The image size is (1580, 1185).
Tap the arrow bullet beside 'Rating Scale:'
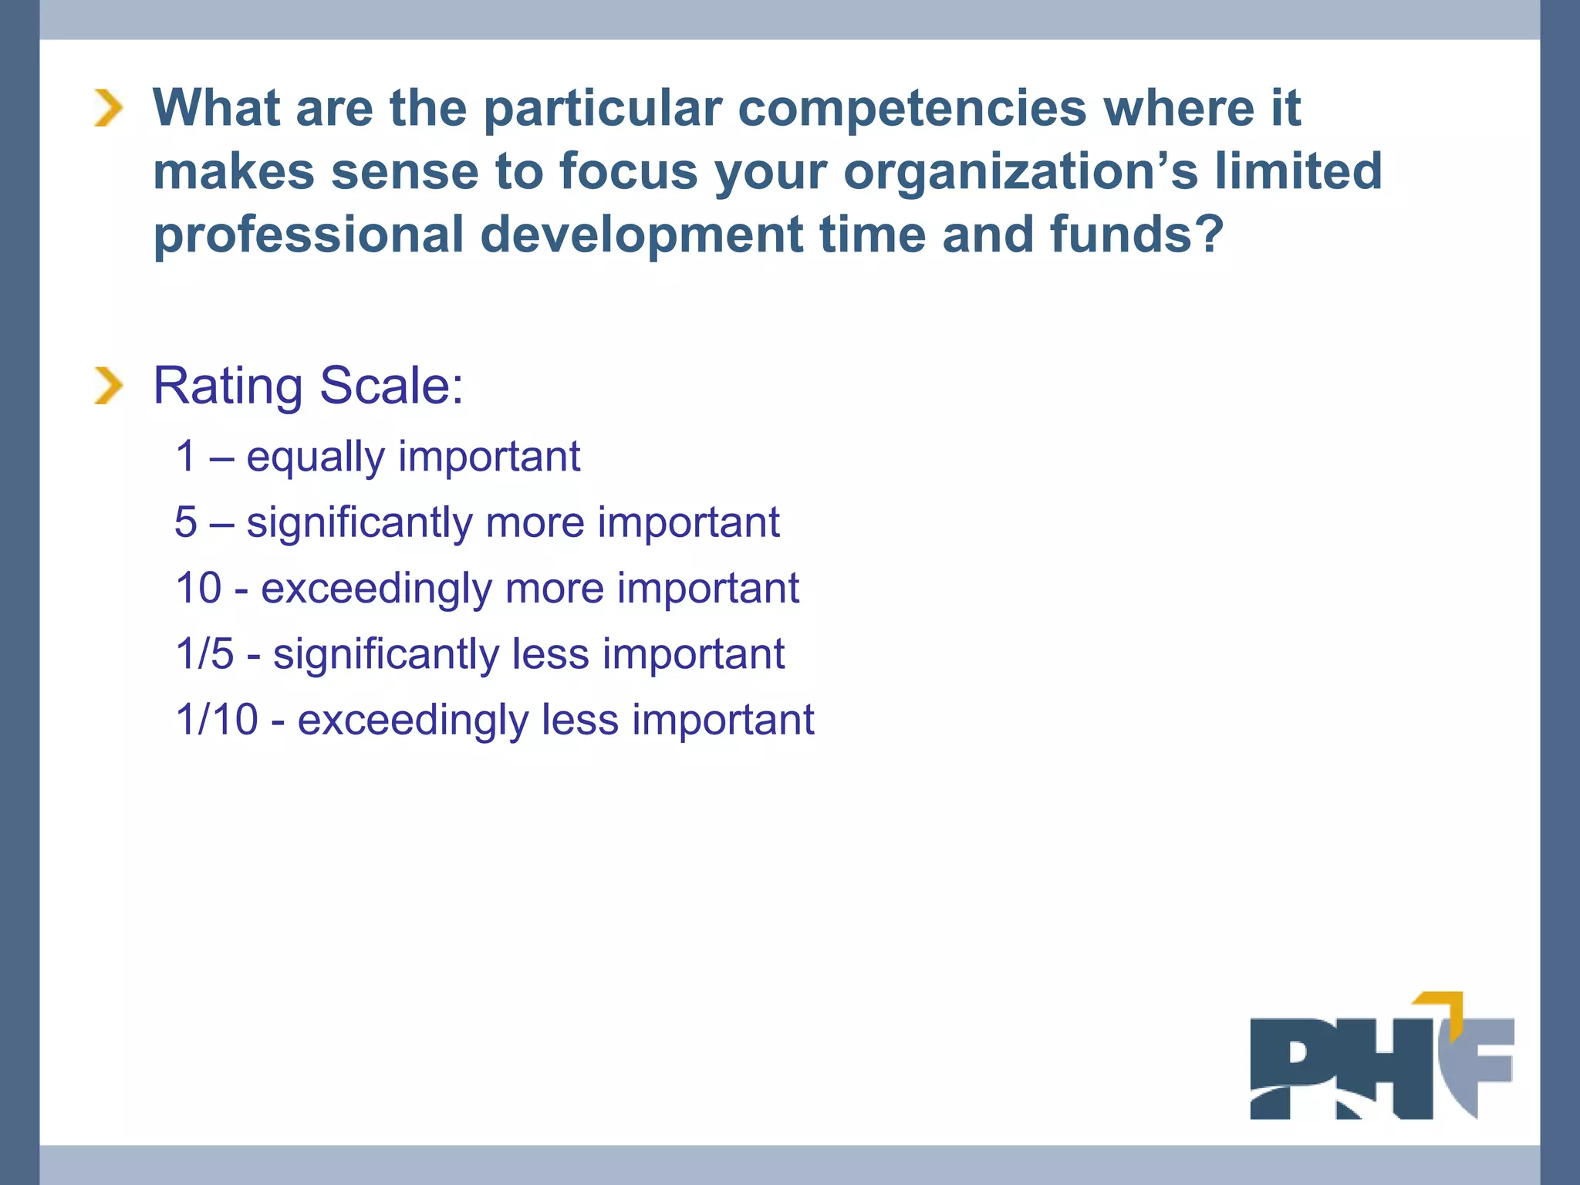pyautogui.click(x=109, y=386)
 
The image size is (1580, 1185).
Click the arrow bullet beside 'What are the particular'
pyautogui.click(x=109, y=107)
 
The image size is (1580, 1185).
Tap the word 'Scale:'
pyautogui.click(x=391, y=385)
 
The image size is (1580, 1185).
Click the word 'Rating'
pyautogui.click(x=228, y=387)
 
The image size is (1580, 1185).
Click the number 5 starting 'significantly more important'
pyautogui.click(x=186, y=522)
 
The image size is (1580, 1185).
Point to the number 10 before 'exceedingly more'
pyautogui.click(x=198, y=588)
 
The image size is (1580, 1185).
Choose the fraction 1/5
pyautogui.click(x=204, y=653)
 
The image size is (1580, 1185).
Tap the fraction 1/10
pyautogui.click(x=217, y=720)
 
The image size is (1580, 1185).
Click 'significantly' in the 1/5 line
pyautogui.click(x=386, y=654)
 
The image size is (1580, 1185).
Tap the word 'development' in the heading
pyautogui.click(x=642, y=235)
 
